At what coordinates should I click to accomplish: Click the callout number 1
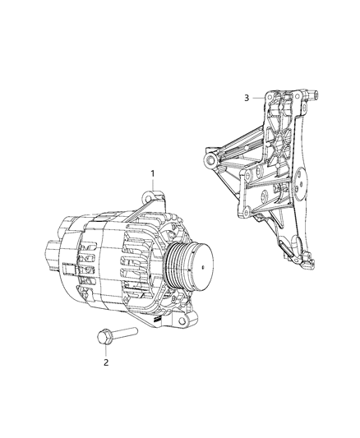[x=151, y=173]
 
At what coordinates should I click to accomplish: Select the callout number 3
[x=246, y=98]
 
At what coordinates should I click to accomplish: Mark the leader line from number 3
[x=256, y=98]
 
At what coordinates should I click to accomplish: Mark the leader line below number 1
[x=152, y=186]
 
